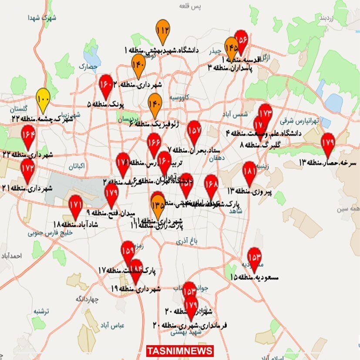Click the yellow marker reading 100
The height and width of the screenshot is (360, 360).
[x=43, y=98]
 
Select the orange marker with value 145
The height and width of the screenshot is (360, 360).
[x=231, y=47]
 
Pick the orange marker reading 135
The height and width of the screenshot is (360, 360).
[x=158, y=204]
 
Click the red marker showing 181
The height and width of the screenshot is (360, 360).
[x=249, y=172]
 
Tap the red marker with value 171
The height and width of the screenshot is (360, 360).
[x=75, y=205]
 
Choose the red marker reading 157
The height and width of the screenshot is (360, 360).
[x=194, y=131]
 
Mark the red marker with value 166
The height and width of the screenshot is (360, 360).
[x=154, y=143]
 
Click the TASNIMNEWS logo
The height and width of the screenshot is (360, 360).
[x=180, y=351]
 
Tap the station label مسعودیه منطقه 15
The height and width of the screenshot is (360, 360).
[x=254, y=277]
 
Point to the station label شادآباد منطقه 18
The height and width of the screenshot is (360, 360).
[x=75, y=224]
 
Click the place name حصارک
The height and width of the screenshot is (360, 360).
[x=89, y=67]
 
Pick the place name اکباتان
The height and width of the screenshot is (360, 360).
[x=76, y=166]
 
